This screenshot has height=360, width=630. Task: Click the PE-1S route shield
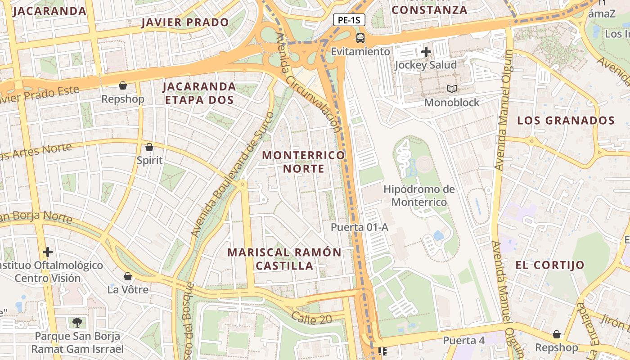349,20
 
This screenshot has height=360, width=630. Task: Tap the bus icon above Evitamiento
360,38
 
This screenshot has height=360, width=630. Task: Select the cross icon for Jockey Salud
426,52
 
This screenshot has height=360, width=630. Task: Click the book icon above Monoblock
452,89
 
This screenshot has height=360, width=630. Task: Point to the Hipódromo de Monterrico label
419,195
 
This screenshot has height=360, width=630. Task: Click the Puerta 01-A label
359,227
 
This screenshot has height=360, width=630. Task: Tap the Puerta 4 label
463,340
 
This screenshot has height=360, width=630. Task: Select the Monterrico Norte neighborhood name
303,162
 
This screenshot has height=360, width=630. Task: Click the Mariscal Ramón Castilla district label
284,259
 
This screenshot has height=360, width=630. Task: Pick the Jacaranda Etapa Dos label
199,93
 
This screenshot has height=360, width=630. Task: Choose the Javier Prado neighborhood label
185,22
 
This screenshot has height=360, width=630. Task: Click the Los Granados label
566,121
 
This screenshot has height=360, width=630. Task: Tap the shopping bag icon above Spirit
149,147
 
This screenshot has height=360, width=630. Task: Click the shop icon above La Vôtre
128,276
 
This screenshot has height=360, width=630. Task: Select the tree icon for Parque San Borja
77,322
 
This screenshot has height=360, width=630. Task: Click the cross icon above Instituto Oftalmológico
48,252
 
